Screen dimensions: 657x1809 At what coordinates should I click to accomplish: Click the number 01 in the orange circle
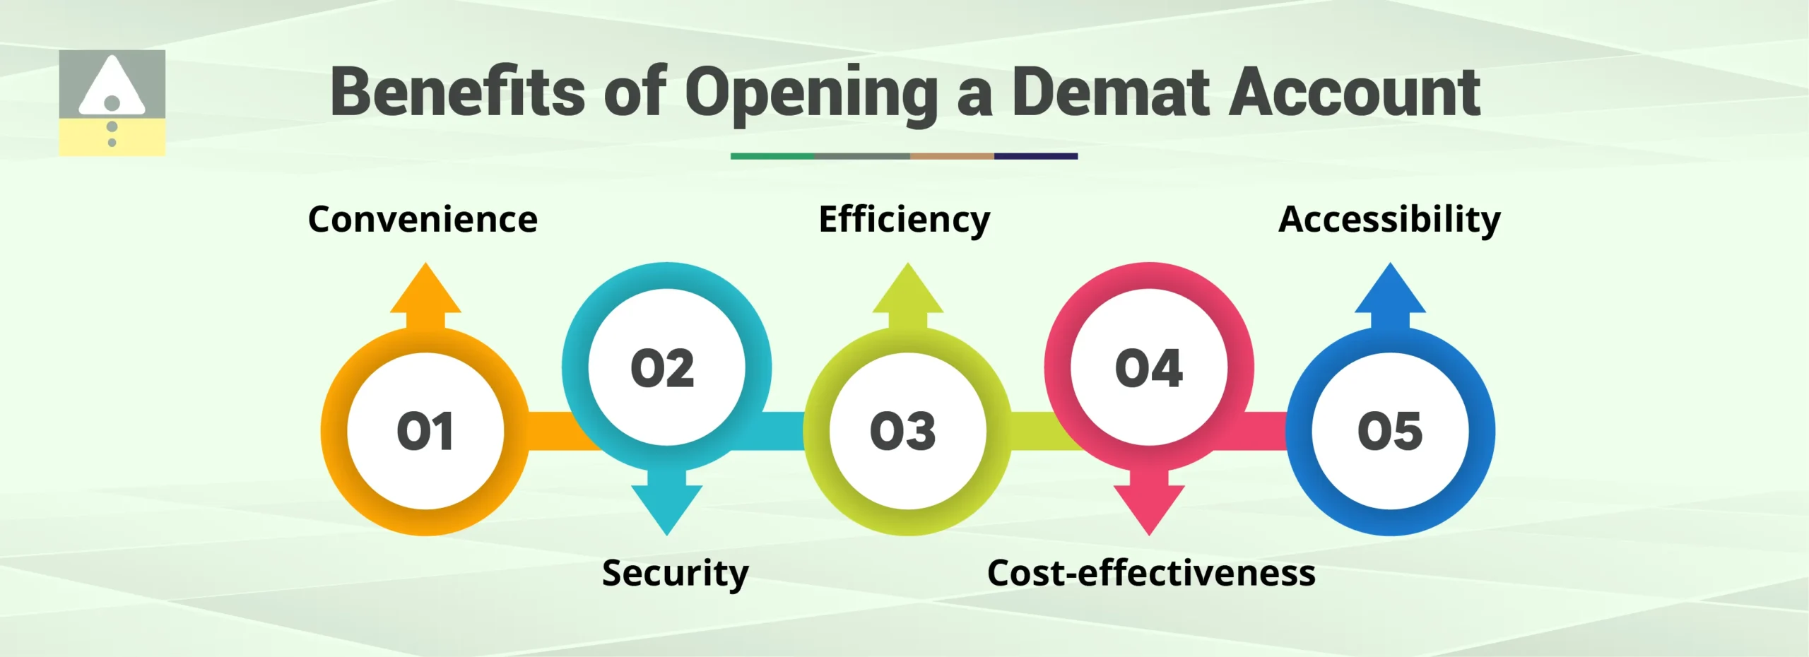(x=425, y=431)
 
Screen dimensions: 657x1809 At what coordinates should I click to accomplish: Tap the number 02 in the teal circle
(x=663, y=368)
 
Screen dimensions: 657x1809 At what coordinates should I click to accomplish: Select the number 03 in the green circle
(x=903, y=431)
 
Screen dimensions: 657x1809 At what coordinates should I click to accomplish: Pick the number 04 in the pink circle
(x=1149, y=368)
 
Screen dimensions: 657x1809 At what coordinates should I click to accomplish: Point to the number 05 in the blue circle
(x=1390, y=431)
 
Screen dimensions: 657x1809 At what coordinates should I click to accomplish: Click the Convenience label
(x=423, y=220)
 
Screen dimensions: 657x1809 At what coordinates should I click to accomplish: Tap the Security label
(x=675, y=574)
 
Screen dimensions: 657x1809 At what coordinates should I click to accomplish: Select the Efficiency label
(x=904, y=220)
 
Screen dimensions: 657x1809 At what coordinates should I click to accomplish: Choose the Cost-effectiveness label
(x=1151, y=573)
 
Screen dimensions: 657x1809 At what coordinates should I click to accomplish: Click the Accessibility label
(x=1389, y=220)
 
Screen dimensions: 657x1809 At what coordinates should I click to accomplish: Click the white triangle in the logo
(x=112, y=86)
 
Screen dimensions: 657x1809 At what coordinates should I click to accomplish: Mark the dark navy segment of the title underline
(x=1036, y=156)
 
